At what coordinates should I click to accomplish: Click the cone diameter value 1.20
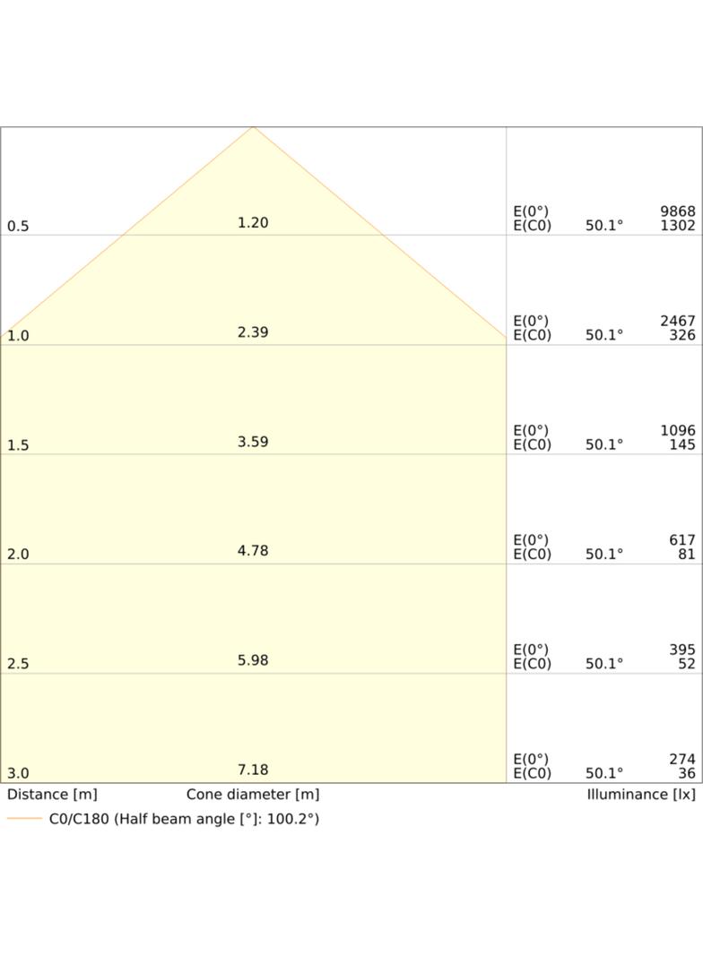point(253,223)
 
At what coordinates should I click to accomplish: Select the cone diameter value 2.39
point(253,332)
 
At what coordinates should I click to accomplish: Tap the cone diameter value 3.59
point(253,443)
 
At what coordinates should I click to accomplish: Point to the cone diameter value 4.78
point(253,551)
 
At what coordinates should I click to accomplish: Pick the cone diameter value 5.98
point(253,661)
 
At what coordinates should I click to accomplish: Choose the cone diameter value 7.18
point(253,770)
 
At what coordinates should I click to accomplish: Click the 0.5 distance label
point(18,227)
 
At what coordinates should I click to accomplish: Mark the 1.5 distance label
point(18,446)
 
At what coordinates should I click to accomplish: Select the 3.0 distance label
point(18,774)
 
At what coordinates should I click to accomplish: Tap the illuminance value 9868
point(677,211)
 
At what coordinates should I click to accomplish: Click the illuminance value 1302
point(677,226)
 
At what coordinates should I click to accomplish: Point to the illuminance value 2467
point(677,321)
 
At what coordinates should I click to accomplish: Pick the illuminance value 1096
point(677,431)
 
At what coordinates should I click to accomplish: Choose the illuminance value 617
point(682,540)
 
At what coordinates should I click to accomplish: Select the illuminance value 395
point(682,650)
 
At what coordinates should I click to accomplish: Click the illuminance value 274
point(682,760)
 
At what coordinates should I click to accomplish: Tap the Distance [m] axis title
point(52,795)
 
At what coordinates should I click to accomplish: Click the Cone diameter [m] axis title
point(253,795)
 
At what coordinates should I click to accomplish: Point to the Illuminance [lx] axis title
point(641,795)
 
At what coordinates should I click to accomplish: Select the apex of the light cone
point(253,126)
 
